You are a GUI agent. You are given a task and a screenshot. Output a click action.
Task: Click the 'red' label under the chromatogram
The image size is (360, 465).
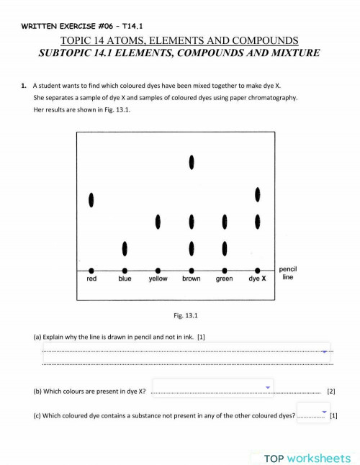click(91, 279)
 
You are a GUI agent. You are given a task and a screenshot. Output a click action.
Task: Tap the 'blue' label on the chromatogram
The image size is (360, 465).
click(125, 279)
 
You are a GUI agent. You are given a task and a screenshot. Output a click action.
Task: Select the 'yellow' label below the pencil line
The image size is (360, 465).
click(158, 279)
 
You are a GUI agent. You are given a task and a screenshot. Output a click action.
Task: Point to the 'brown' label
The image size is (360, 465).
click(192, 279)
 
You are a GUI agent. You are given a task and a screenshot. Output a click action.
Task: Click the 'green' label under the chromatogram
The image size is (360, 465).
click(225, 279)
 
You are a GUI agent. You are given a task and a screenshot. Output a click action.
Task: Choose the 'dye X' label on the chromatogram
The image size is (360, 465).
click(258, 279)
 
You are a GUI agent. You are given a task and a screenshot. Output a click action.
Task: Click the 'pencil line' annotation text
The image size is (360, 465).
click(288, 273)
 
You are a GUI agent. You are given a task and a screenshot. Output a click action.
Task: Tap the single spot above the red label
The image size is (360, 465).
click(91, 199)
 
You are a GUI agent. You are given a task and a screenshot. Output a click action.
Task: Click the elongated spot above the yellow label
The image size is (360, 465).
click(158, 220)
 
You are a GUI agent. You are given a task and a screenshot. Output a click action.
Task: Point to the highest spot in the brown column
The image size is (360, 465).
click(192, 163)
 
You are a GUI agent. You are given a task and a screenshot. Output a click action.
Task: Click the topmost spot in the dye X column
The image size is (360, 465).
click(258, 194)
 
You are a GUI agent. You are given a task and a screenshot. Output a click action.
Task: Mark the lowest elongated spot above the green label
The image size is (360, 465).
click(225, 248)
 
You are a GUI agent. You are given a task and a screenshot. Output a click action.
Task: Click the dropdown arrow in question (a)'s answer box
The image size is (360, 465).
click(325, 352)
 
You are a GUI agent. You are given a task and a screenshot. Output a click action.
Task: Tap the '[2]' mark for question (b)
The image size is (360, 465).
click(331, 392)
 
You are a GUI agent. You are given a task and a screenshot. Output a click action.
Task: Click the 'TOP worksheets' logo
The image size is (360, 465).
click(307, 458)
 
